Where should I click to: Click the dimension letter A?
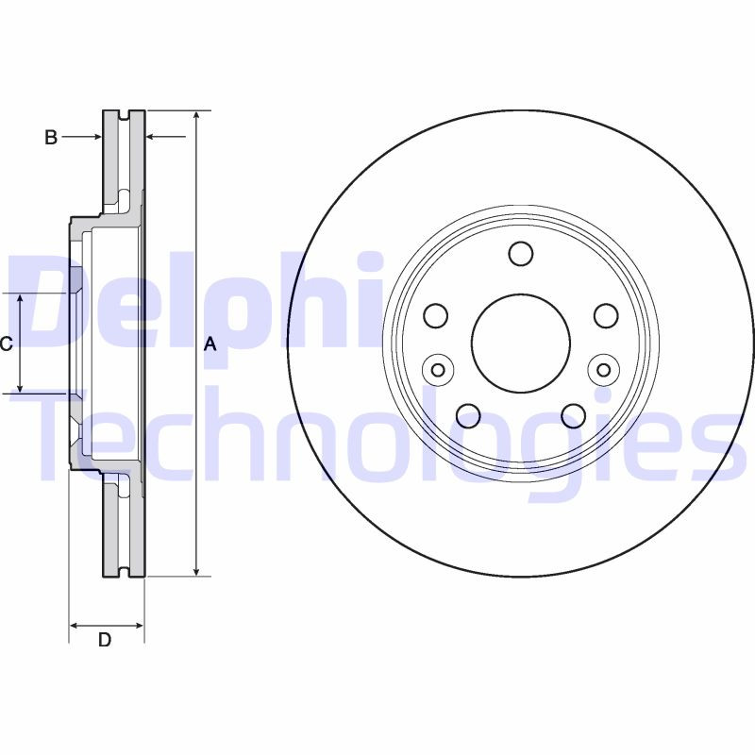[210, 345]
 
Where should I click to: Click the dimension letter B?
[52, 138]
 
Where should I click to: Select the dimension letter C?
[6, 344]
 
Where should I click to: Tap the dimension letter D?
[105, 640]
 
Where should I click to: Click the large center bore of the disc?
[521, 343]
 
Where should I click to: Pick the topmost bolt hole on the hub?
[521, 253]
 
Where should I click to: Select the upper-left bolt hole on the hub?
[436, 315]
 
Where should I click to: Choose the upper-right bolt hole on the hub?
[605, 315]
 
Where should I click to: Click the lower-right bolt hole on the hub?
[573, 414]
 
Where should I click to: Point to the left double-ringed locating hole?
[436, 369]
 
